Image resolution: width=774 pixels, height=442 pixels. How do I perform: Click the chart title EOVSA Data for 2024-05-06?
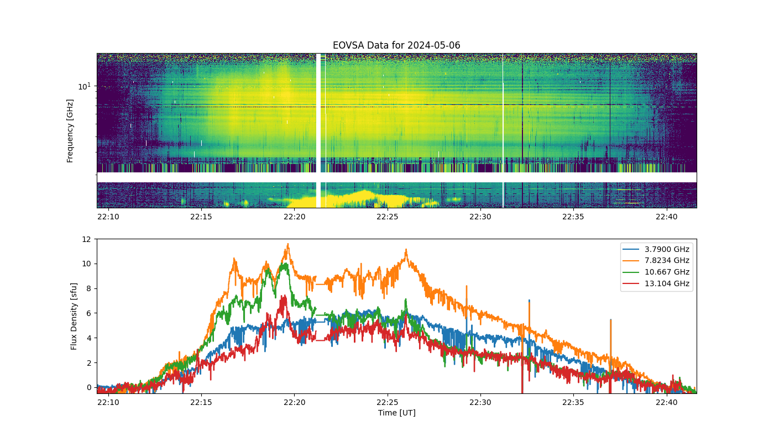tap(396, 45)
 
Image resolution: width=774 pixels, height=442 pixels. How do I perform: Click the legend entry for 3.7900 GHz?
tap(656, 249)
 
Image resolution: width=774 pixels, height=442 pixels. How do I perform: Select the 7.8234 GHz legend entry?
tap(656, 260)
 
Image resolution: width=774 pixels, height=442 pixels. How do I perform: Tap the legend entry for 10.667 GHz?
tap(656, 272)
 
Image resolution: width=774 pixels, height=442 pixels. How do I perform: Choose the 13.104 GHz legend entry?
tap(656, 283)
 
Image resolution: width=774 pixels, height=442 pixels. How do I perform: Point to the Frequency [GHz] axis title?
tap(70, 131)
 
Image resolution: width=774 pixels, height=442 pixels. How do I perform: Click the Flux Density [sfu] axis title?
tap(74, 316)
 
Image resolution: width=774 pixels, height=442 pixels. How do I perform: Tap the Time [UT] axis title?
tap(397, 413)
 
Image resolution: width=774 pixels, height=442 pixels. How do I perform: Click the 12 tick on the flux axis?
tap(86, 239)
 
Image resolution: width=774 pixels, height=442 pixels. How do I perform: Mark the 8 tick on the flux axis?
tap(89, 288)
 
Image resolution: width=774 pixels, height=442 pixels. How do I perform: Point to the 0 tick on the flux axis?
tap(89, 388)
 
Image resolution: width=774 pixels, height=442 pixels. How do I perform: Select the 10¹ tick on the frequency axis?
tap(84, 86)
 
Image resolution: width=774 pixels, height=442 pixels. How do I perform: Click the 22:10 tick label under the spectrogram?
tap(108, 217)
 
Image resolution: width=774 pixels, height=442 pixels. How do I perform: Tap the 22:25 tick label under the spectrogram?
tap(388, 217)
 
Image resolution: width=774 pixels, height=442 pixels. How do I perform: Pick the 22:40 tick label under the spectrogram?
tap(667, 217)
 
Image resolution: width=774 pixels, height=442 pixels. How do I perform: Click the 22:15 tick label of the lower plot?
tap(201, 402)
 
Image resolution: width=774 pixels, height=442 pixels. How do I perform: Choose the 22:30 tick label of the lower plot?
tap(480, 402)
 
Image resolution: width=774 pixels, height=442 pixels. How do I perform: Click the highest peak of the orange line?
tap(288, 244)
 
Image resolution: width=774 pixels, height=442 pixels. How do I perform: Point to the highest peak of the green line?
tap(285, 264)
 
